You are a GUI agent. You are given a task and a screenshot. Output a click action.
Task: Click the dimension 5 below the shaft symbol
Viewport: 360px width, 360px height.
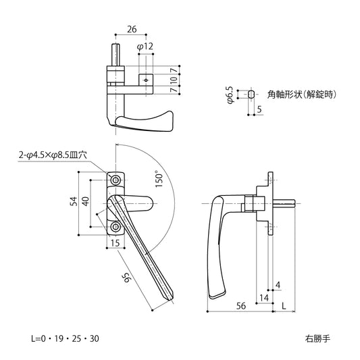(x=260, y=109)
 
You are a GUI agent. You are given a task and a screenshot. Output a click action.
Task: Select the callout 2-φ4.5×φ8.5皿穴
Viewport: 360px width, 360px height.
(x=54, y=155)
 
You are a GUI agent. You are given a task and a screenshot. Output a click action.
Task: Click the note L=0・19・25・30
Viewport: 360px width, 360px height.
(x=65, y=337)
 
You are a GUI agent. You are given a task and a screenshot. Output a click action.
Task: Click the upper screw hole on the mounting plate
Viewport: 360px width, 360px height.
(x=115, y=180)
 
